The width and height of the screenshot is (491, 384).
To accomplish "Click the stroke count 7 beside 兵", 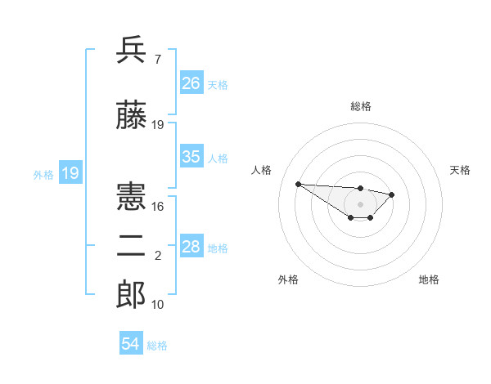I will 158,59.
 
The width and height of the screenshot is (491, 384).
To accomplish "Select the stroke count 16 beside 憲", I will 158,207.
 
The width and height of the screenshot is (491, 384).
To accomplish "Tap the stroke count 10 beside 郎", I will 158,304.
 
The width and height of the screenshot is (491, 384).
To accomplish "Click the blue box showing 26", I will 191,83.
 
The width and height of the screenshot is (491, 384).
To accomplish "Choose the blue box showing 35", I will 191,157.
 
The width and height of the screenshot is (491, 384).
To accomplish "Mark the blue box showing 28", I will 191,247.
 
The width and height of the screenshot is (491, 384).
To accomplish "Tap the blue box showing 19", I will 70,173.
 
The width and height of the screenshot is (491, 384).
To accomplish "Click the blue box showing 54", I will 131,345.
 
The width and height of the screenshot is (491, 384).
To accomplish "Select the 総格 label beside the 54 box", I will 157,346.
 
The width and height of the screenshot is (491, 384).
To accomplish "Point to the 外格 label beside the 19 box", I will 43,174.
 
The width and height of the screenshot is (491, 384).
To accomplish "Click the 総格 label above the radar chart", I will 361,106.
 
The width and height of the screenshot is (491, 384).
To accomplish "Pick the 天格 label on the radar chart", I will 461,170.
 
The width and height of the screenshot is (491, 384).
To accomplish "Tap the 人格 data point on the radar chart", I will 298,184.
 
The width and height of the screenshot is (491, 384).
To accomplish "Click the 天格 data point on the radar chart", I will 392,194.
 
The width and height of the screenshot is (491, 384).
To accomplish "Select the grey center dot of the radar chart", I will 360,204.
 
